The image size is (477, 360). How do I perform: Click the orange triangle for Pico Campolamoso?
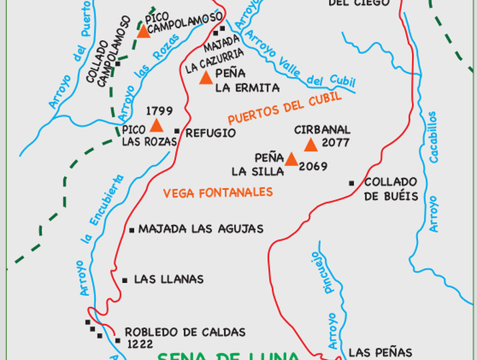coord(143,31)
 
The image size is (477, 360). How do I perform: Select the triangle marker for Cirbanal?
coord(311,145)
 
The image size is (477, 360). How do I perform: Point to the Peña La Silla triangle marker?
coord(291,159)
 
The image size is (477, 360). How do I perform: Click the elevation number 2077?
coord(336,143)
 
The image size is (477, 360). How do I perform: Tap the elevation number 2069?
coord(314,166)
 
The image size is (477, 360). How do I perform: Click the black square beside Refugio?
coord(177,131)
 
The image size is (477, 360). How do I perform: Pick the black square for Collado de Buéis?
coord(352,183)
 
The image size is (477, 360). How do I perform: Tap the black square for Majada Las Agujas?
coord(132,230)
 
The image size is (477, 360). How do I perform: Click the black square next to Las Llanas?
coord(125,280)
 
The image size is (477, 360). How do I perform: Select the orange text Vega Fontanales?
coord(218,192)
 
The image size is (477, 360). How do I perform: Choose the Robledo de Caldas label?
coord(185,332)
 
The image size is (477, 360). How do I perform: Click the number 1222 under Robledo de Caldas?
coord(139,344)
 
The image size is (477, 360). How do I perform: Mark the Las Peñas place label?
coord(380,352)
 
